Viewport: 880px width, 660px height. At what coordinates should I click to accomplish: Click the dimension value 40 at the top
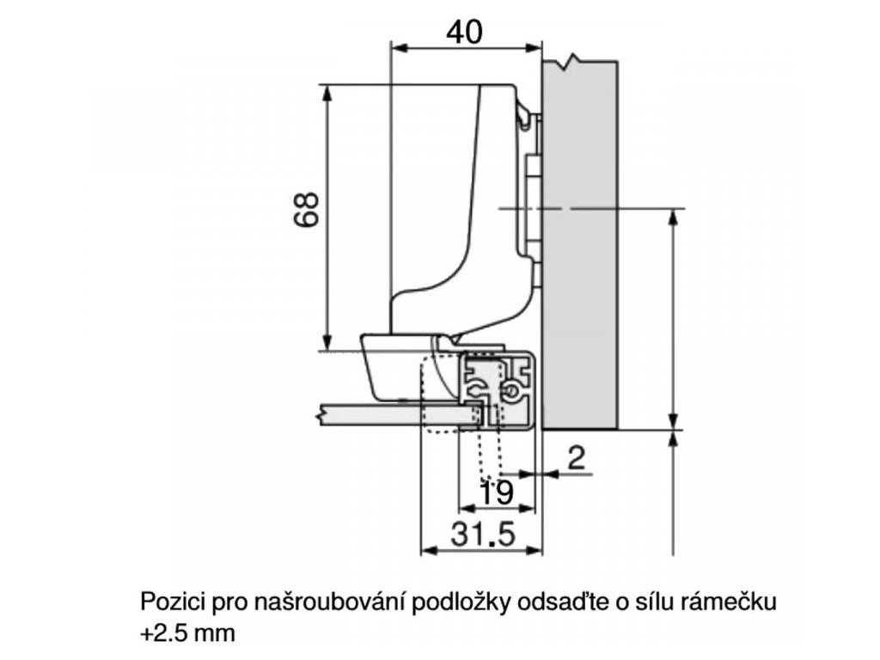point(465,31)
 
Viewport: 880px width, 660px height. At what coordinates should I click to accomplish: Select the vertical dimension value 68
point(307,209)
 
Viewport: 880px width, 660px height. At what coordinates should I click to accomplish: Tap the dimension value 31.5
point(484,535)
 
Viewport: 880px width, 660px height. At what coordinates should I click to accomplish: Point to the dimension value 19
point(496,493)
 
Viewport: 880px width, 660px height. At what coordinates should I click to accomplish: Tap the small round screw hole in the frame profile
point(514,391)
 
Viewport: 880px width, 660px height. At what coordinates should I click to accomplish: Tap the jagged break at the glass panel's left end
point(321,415)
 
